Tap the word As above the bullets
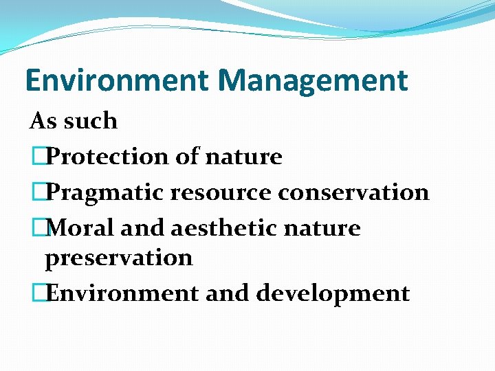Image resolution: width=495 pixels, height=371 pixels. tap(42, 121)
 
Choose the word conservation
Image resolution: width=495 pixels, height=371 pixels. tap(353, 192)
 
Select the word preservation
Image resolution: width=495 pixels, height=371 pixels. tap(118, 258)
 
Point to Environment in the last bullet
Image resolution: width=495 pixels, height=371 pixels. tap(123, 293)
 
